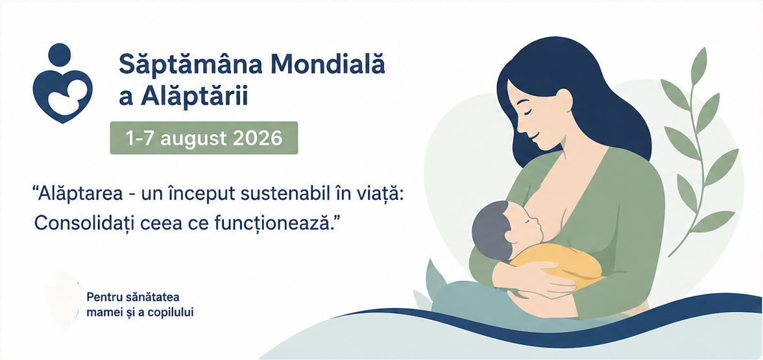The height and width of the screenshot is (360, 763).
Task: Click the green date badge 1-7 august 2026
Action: pyautogui.click(x=204, y=138)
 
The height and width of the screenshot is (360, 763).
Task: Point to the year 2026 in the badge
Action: pyautogui.click(x=258, y=138)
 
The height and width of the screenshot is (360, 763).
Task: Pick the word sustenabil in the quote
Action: pyautogui.click(x=287, y=194)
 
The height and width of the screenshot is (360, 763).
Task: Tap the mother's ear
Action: pyautogui.click(x=563, y=99)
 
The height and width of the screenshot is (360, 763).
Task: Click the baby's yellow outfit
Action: pyautogui.click(x=559, y=262)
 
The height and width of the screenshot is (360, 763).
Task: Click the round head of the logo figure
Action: pyautogui.click(x=60, y=54)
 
